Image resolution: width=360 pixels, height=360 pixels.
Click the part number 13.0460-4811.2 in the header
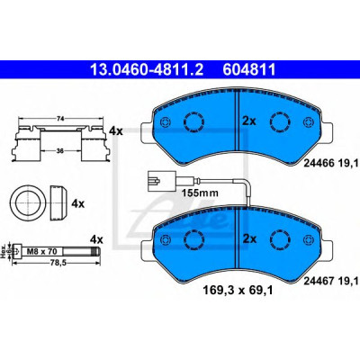(x=147, y=69)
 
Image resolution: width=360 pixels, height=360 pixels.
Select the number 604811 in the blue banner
(x=248, y=69)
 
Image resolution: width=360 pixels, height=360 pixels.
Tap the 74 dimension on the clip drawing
(x=60, y=119)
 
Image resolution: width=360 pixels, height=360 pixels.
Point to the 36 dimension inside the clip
(x=60, y=151)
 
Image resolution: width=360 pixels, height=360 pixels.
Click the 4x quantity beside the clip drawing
(x=116, y=131)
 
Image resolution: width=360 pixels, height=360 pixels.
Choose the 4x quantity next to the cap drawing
(x=78, y=204)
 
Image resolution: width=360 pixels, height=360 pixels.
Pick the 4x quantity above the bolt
(x=96, y=239)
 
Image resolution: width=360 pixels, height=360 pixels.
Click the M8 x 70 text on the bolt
(x=40, y=250)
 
